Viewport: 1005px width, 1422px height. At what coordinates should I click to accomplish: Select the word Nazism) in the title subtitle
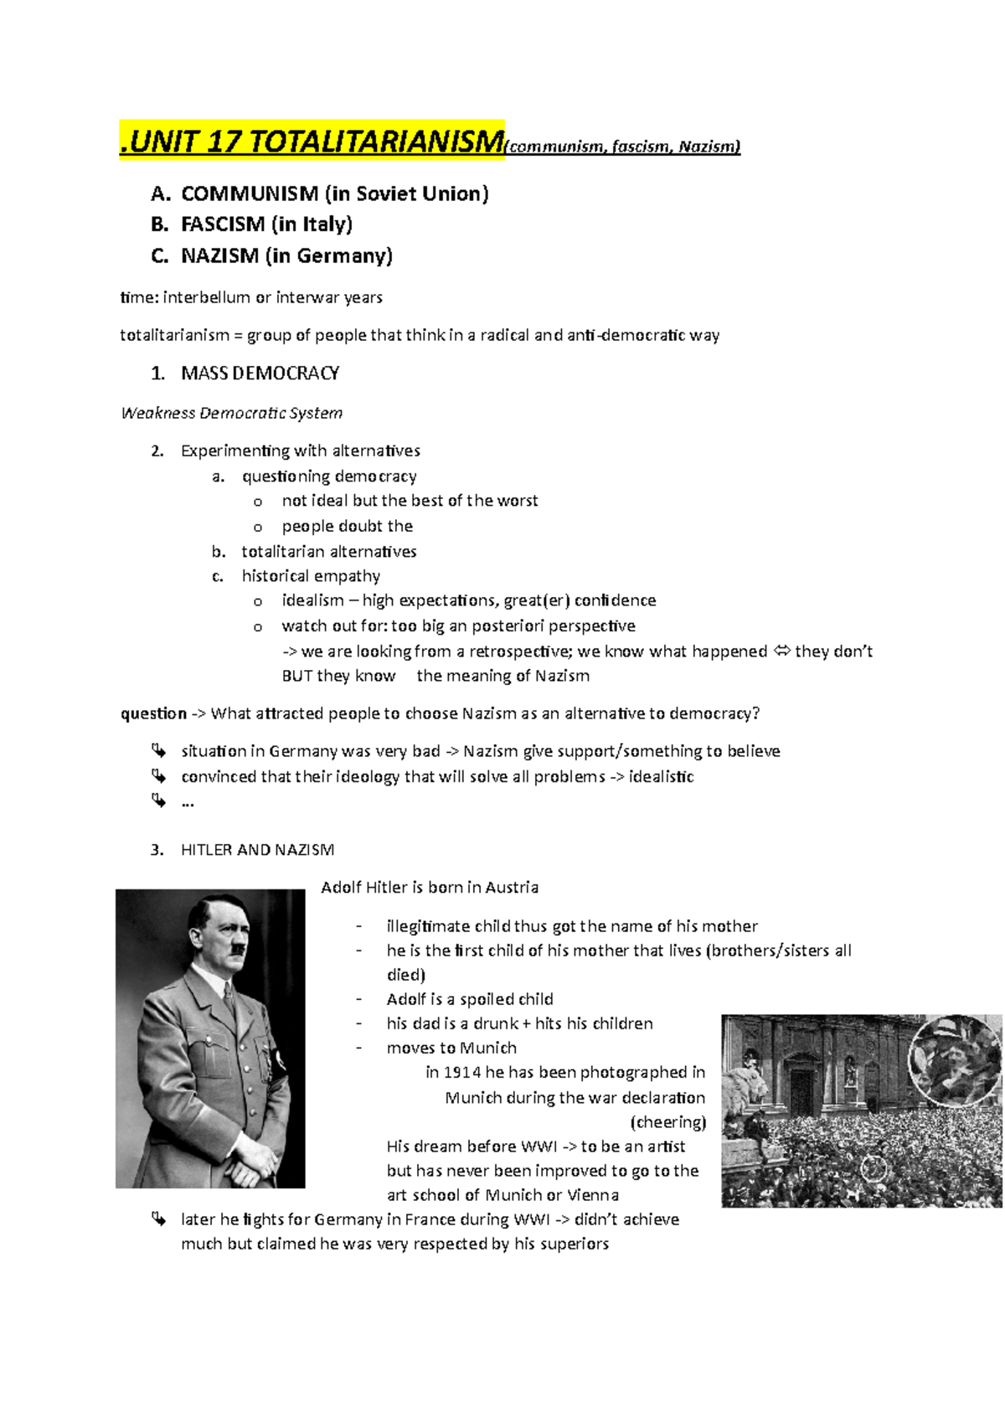click(709, 147)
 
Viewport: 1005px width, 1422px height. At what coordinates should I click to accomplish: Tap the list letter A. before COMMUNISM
click(160, 194)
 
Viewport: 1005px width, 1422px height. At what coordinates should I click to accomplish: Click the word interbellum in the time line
click(207, 297)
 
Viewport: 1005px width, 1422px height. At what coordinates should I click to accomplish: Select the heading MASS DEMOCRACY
click(260, 374)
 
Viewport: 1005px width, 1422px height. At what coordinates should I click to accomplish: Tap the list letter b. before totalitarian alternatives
click(219, 552)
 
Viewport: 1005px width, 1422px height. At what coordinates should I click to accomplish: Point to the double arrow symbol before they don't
click(781, 652)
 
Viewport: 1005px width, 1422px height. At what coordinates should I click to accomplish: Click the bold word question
click(154, 714)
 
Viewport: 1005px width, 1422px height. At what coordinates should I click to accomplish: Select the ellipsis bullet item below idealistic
click(187, 802)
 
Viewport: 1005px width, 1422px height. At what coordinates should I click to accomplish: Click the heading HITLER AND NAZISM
click(257, 850)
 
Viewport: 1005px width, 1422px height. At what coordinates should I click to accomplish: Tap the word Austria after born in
click(512, 888)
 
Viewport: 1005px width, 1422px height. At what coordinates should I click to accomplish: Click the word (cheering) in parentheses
click(667, 1122)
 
